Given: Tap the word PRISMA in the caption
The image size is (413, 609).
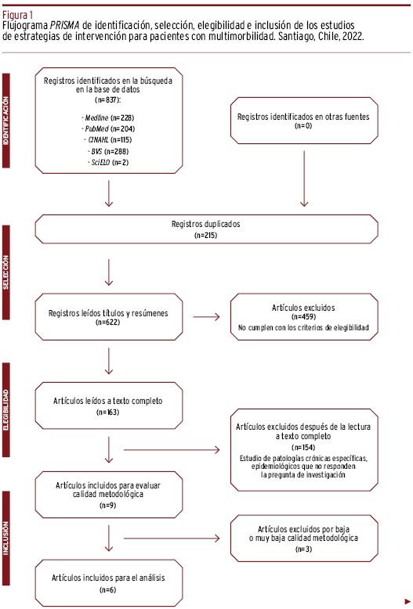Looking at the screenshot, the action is (64, 26).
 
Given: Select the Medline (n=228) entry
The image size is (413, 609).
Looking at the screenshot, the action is (107, 117).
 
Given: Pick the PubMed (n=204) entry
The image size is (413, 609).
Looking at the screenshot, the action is (108, 128).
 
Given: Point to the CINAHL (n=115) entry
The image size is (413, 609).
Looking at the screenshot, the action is (107, 140).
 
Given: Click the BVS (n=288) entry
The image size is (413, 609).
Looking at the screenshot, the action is (107, 151).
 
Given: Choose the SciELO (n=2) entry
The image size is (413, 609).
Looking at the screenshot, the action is (107, 162).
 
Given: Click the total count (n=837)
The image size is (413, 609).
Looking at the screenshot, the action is (107, 100).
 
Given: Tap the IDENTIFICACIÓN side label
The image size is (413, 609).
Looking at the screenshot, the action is (5, 121).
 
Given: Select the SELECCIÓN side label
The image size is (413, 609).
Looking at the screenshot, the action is (5, 272).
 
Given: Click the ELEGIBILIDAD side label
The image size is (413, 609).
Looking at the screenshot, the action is (5, 410).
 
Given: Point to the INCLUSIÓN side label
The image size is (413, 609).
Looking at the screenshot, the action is (5, 538).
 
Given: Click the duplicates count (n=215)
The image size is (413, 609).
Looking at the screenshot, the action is (206, 235).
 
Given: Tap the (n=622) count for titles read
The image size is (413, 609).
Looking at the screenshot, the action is (107, 322).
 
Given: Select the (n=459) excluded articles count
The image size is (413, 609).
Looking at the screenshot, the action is (303, 316).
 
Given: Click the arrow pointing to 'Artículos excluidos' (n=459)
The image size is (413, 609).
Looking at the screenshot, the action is (206, 317).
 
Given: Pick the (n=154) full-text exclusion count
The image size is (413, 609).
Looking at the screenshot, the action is (303, 447).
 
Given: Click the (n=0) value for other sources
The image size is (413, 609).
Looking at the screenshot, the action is (303, 125).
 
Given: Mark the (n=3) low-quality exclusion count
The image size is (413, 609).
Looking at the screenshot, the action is (304, 550).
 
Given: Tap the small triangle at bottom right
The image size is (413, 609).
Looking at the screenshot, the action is (408, 602).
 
